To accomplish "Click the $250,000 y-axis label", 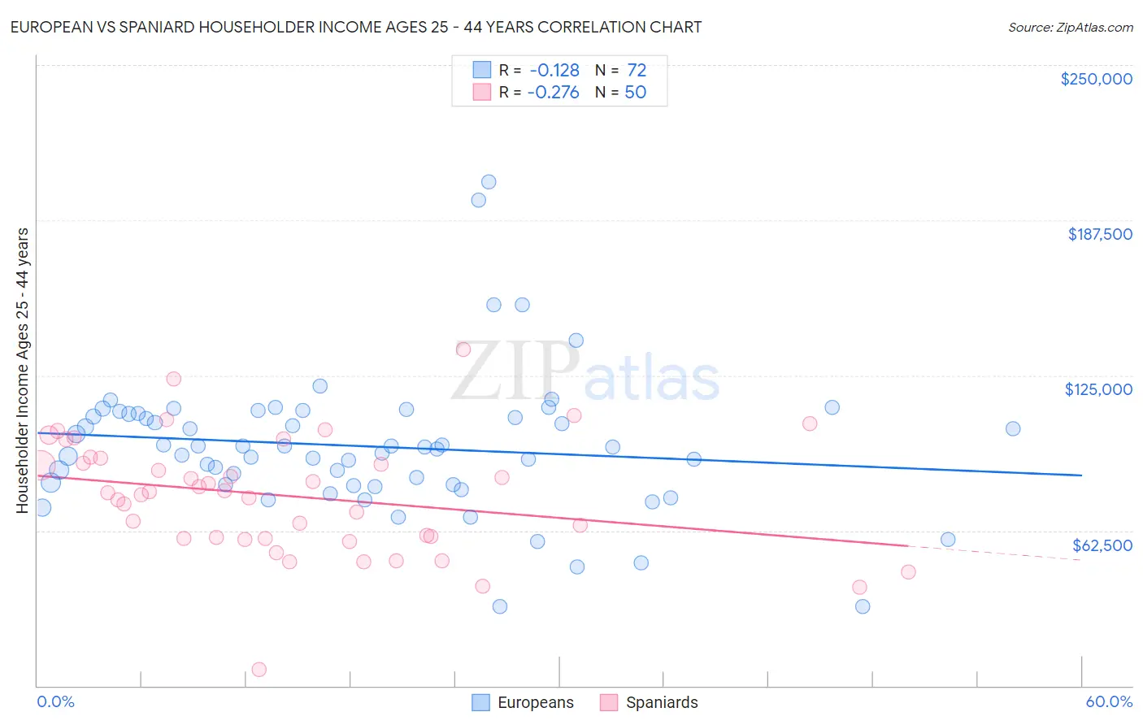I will (x=1096, y=79).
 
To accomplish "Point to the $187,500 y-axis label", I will (x=1099, y=234).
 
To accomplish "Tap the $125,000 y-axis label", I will (x=1098, y=389).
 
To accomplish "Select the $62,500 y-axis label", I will (x=1102, y=545).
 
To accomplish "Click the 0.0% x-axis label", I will (x=55, y=701).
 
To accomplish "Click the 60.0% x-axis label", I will (x=1109, y=701).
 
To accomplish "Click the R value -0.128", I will (x=554, y=71).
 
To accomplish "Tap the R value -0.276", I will (x=553, y=93).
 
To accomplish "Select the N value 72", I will (x=637, y=71).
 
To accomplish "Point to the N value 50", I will (x=636, y=93).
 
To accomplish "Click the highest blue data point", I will (x=489, y=182).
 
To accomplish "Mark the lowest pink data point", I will (x=259, y=670).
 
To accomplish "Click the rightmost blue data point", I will (x=1013, y=428).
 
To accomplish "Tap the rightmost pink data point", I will (x=908, y=571).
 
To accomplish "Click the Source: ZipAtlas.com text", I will (x=1070, y=28).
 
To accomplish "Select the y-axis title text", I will (x=22, y=371).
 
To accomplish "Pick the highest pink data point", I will (x=463, y=349).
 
